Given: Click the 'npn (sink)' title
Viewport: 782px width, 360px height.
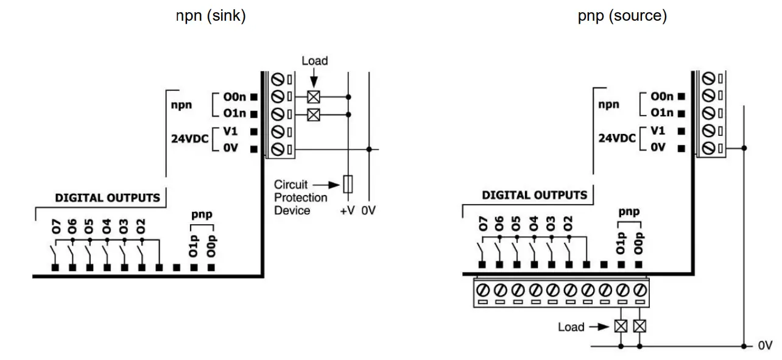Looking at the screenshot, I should [211, 16].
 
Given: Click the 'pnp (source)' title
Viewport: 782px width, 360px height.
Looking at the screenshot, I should [622, 16].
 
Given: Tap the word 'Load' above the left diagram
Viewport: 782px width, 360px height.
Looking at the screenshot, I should [314, 61].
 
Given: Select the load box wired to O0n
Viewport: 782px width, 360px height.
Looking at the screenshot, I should [313, 96].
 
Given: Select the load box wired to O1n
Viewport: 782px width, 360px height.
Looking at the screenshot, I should [313, 114].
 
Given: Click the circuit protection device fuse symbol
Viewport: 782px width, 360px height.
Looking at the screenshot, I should [348, 183].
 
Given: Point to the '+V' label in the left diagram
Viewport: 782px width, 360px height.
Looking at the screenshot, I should [347, 211].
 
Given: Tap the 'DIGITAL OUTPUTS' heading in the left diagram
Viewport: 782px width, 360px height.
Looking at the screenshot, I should [107, 197].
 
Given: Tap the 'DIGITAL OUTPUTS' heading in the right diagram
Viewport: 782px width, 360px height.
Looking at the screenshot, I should [534, 195].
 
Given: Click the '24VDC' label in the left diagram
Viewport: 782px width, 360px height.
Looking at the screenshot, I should [190, 139].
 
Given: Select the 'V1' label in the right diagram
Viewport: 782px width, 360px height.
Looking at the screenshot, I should [657, 130].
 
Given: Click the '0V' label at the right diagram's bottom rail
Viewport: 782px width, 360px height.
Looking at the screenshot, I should [765, 345].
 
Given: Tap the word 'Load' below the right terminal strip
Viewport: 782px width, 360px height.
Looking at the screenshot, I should [571, 327].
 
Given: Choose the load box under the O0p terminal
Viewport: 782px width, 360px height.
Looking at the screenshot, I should [639, 326].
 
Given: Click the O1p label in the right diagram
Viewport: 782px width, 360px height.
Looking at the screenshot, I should [621, 242].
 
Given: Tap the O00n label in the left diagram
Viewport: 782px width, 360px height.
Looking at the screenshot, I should [234, 96].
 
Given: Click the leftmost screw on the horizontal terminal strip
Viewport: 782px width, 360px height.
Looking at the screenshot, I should [482, 289].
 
